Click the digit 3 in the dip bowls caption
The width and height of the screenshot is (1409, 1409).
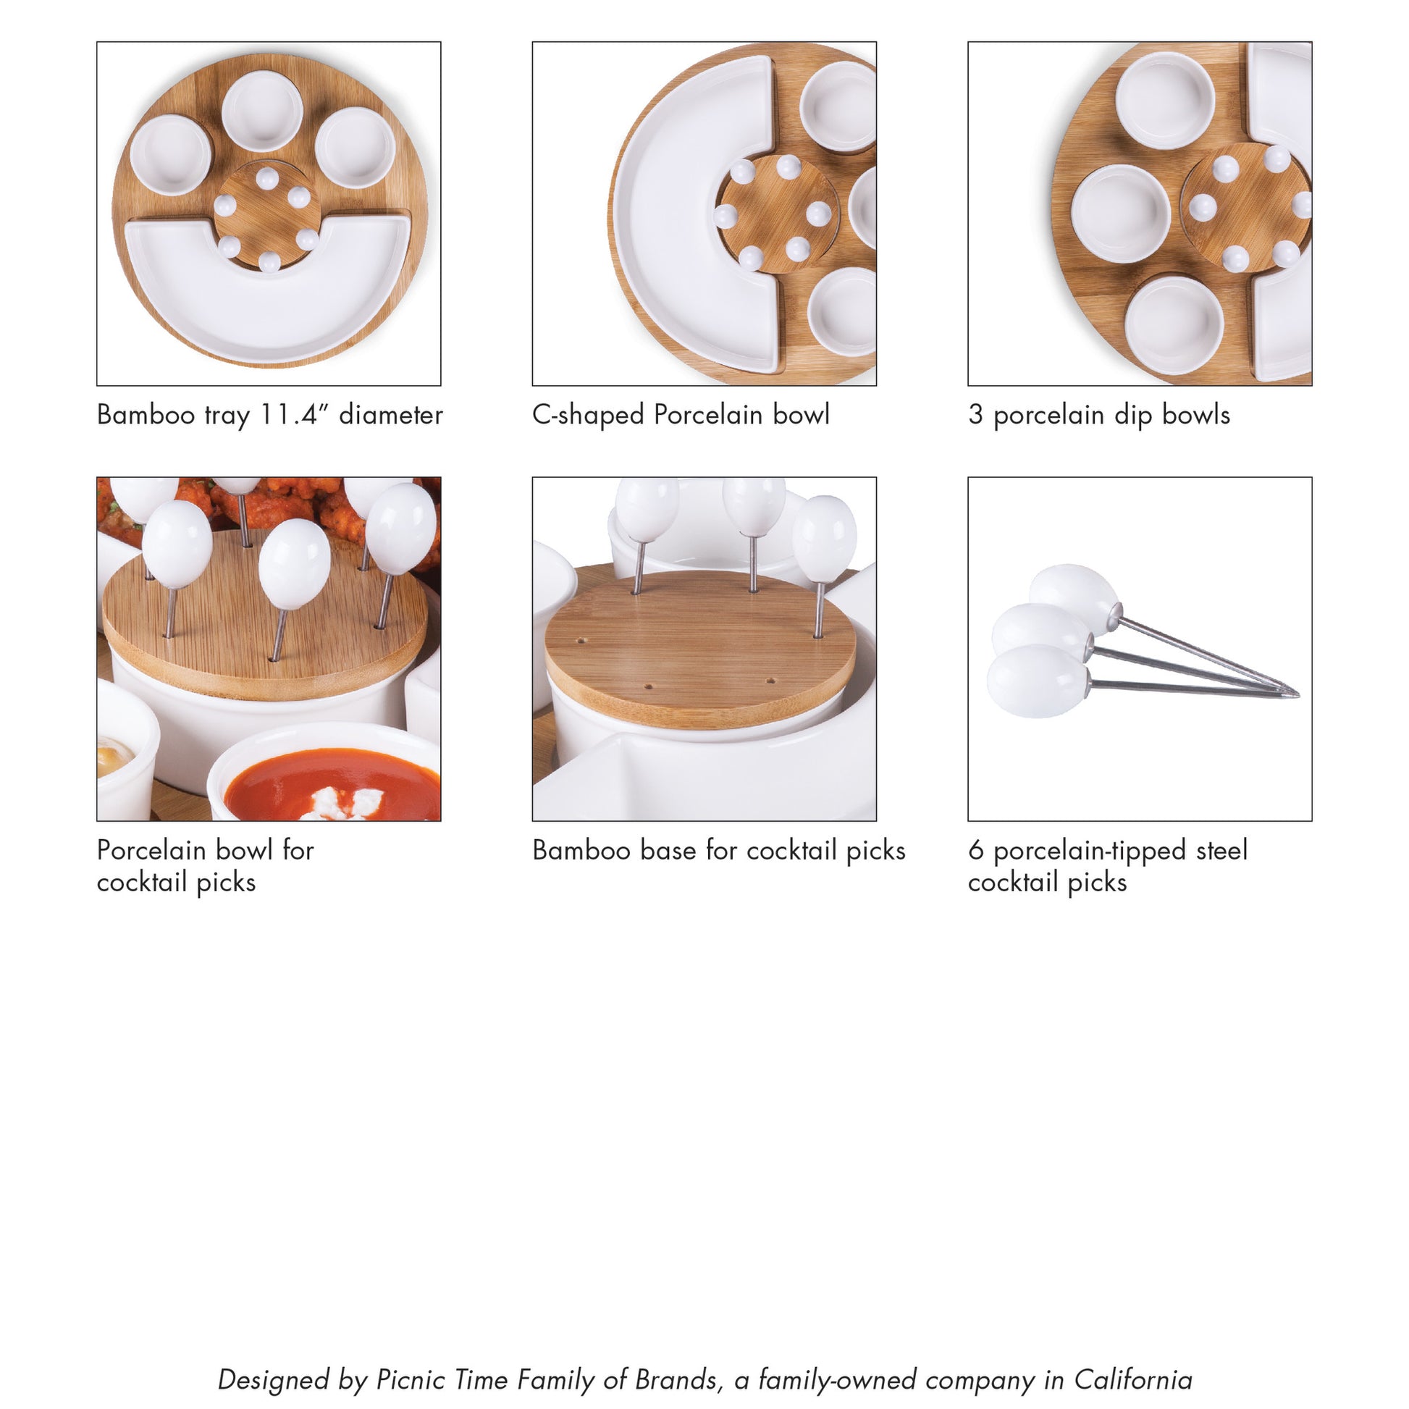pos(976,415)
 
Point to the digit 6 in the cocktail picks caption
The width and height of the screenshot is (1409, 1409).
pos(976,850)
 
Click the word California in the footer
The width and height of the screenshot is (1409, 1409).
pos(1132,1380)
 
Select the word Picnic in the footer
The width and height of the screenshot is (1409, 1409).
pos(409,1380)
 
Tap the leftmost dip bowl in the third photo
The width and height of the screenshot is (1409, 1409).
pos(1121,213)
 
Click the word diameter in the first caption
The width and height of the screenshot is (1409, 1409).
pos(391,415)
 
